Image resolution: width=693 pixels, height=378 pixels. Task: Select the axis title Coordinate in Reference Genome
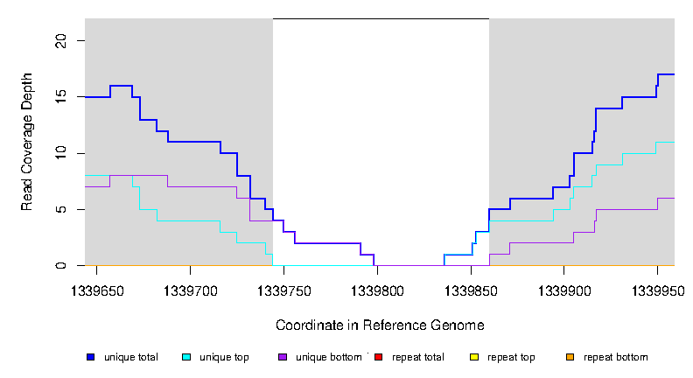pyautogui.click(x=380, y=325)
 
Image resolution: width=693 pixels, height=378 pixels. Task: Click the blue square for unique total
pyautogui.click(x=90, y=357)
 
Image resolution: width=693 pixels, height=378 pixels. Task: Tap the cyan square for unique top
pyautogui.click(x=186, y=357)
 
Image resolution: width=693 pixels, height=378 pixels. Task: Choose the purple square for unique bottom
pyautogui.click(x=282, y=357)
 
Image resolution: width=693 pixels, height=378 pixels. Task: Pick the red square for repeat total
pyautogui.click(x=378, y=357)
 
